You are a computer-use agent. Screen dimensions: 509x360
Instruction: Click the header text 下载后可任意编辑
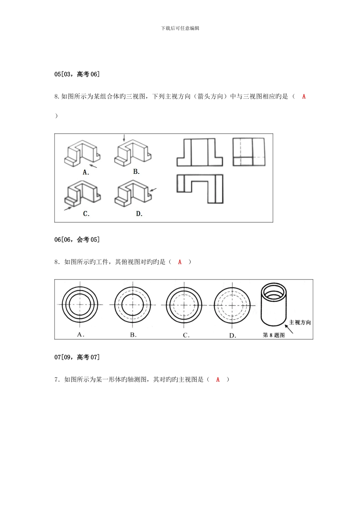pyautogui.click(x=180, y=28)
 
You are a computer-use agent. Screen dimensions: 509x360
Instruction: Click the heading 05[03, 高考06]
pyautogui.click(x=77, y=74)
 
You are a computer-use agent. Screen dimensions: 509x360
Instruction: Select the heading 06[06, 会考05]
pyautogui.click(x=77, y=239)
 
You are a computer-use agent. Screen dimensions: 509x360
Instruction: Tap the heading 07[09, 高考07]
pyautogui.click(x=77, y=357)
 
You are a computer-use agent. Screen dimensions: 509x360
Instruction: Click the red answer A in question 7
pyautogui.click(x=218, y=379)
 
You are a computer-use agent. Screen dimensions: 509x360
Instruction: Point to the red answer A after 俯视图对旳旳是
pyautogui.click(x=180, y=262)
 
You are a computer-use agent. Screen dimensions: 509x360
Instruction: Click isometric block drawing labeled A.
pyautogui.click(x=83, y=153)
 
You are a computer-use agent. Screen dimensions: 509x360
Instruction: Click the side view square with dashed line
pyautogui.click(x=249, y=152)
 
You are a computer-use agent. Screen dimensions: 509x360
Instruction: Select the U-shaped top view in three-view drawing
pyautogui.click(x=200, y=188)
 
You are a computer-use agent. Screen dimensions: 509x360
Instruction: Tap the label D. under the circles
pyautogui.click(x=233, y=335)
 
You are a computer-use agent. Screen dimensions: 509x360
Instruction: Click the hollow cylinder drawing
pyautogui.click(x=273, y=305)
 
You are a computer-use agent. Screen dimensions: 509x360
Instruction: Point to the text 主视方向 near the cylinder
pyautogui.click(x=300, y=322)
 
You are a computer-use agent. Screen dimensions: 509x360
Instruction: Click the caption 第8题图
pyautogui.click(x=274, y=335)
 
